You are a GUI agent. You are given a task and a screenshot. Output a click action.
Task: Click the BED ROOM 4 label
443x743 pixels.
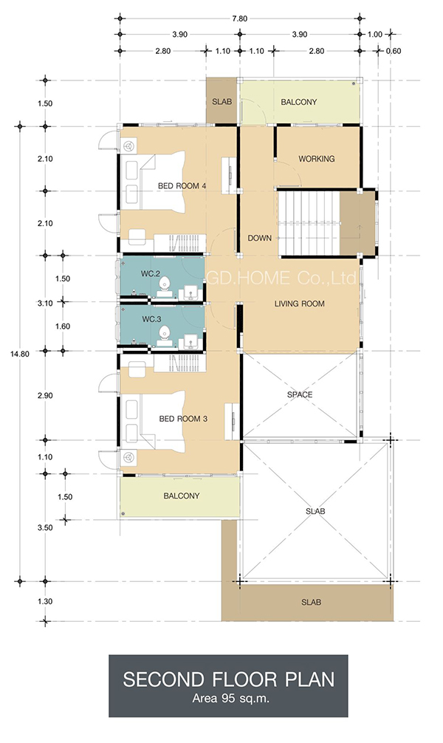tap(182, 186)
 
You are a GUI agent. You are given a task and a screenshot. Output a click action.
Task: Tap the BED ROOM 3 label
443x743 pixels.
tap(183, 419)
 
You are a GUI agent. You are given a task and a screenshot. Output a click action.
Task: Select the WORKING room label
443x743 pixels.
tap(317, 159)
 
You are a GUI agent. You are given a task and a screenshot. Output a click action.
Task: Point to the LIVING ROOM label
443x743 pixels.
tap(300, 304)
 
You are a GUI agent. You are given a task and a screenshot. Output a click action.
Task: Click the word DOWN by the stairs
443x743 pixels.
tap(260, 238)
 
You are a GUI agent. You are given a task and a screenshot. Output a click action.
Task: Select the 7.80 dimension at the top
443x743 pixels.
tap(240, 19)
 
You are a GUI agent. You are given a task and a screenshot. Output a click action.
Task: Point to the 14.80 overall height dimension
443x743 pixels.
tap(20, 354)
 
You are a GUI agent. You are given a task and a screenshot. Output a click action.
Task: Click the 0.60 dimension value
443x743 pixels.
tap(394, 51)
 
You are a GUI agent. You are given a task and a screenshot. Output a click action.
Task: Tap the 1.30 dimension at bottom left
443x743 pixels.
tap(45, 601)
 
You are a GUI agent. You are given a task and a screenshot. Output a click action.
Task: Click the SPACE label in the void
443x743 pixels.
tap(300, 394)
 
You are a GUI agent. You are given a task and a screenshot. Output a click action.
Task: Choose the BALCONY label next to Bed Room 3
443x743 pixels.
tap(182, 496)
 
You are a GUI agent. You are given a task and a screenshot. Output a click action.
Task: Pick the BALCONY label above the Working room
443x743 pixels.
tap(299, 102)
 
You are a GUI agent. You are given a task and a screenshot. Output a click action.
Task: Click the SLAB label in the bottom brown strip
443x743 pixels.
tap(312, 602)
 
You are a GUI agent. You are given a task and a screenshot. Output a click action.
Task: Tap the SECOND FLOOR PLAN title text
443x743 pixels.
tap(229, 679)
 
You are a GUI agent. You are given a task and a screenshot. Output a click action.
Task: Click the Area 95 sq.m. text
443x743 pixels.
tap(228, 698)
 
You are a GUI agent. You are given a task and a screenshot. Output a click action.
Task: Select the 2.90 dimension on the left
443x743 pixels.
tap(45, 396)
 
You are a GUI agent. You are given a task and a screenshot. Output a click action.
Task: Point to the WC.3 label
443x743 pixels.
tap(151, 319)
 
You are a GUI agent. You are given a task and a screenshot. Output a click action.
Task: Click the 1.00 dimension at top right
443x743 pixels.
tap(375, 34)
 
